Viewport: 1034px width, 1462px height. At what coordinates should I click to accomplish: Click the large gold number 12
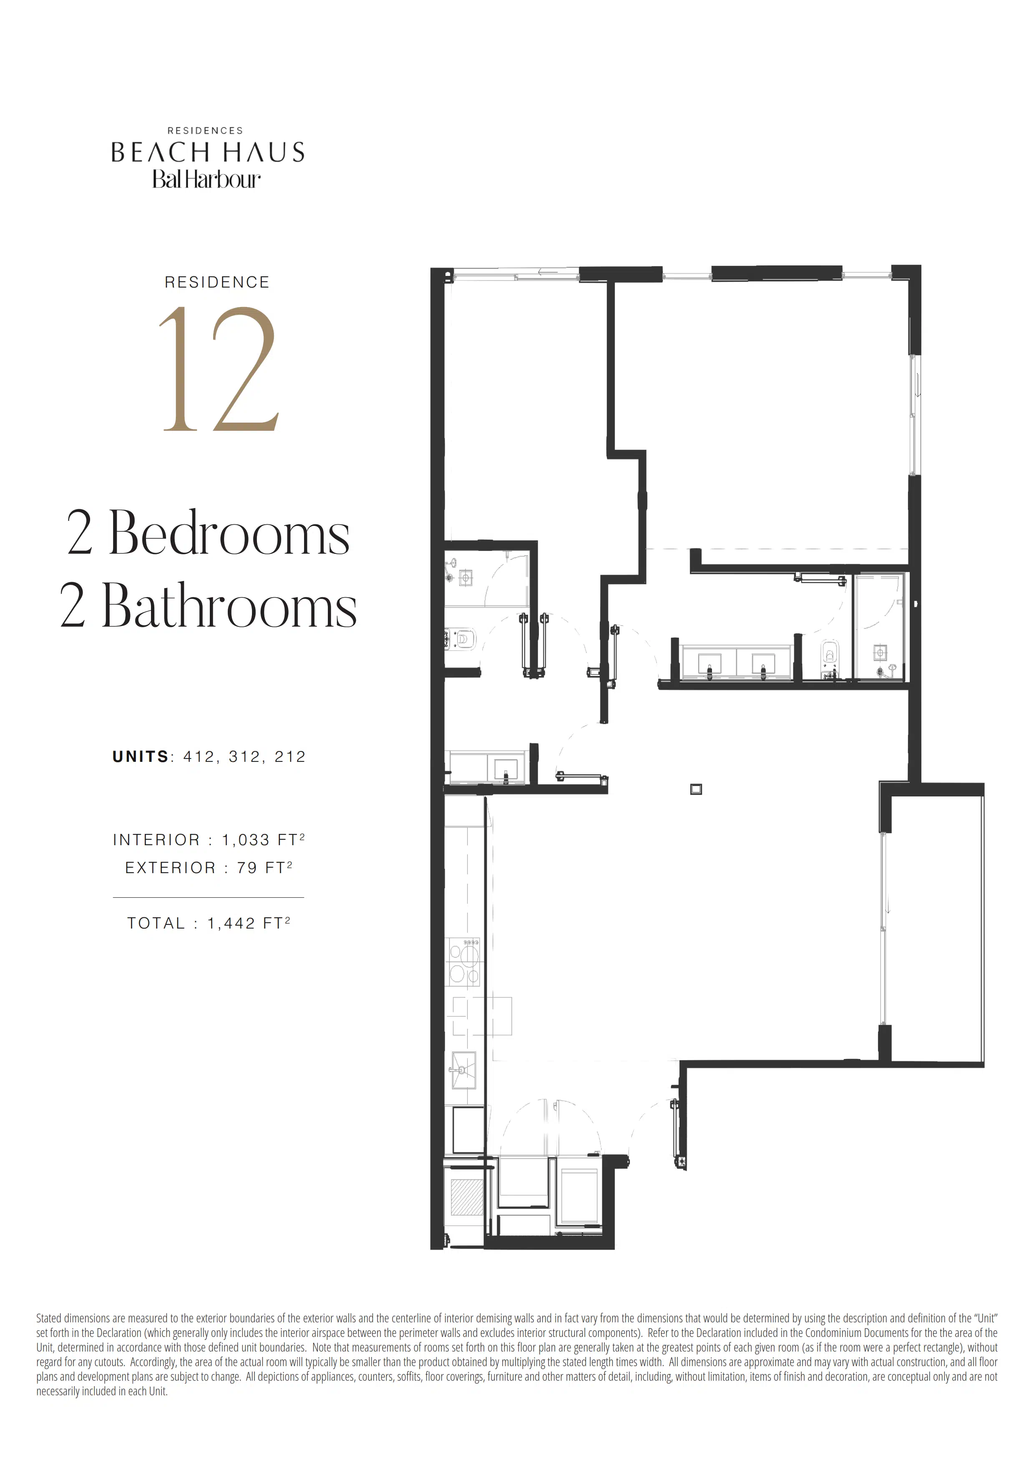click(219, 369)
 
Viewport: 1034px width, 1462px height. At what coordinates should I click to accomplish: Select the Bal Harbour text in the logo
click(206, 180)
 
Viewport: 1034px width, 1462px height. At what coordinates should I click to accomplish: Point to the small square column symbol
click(696, 790)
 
